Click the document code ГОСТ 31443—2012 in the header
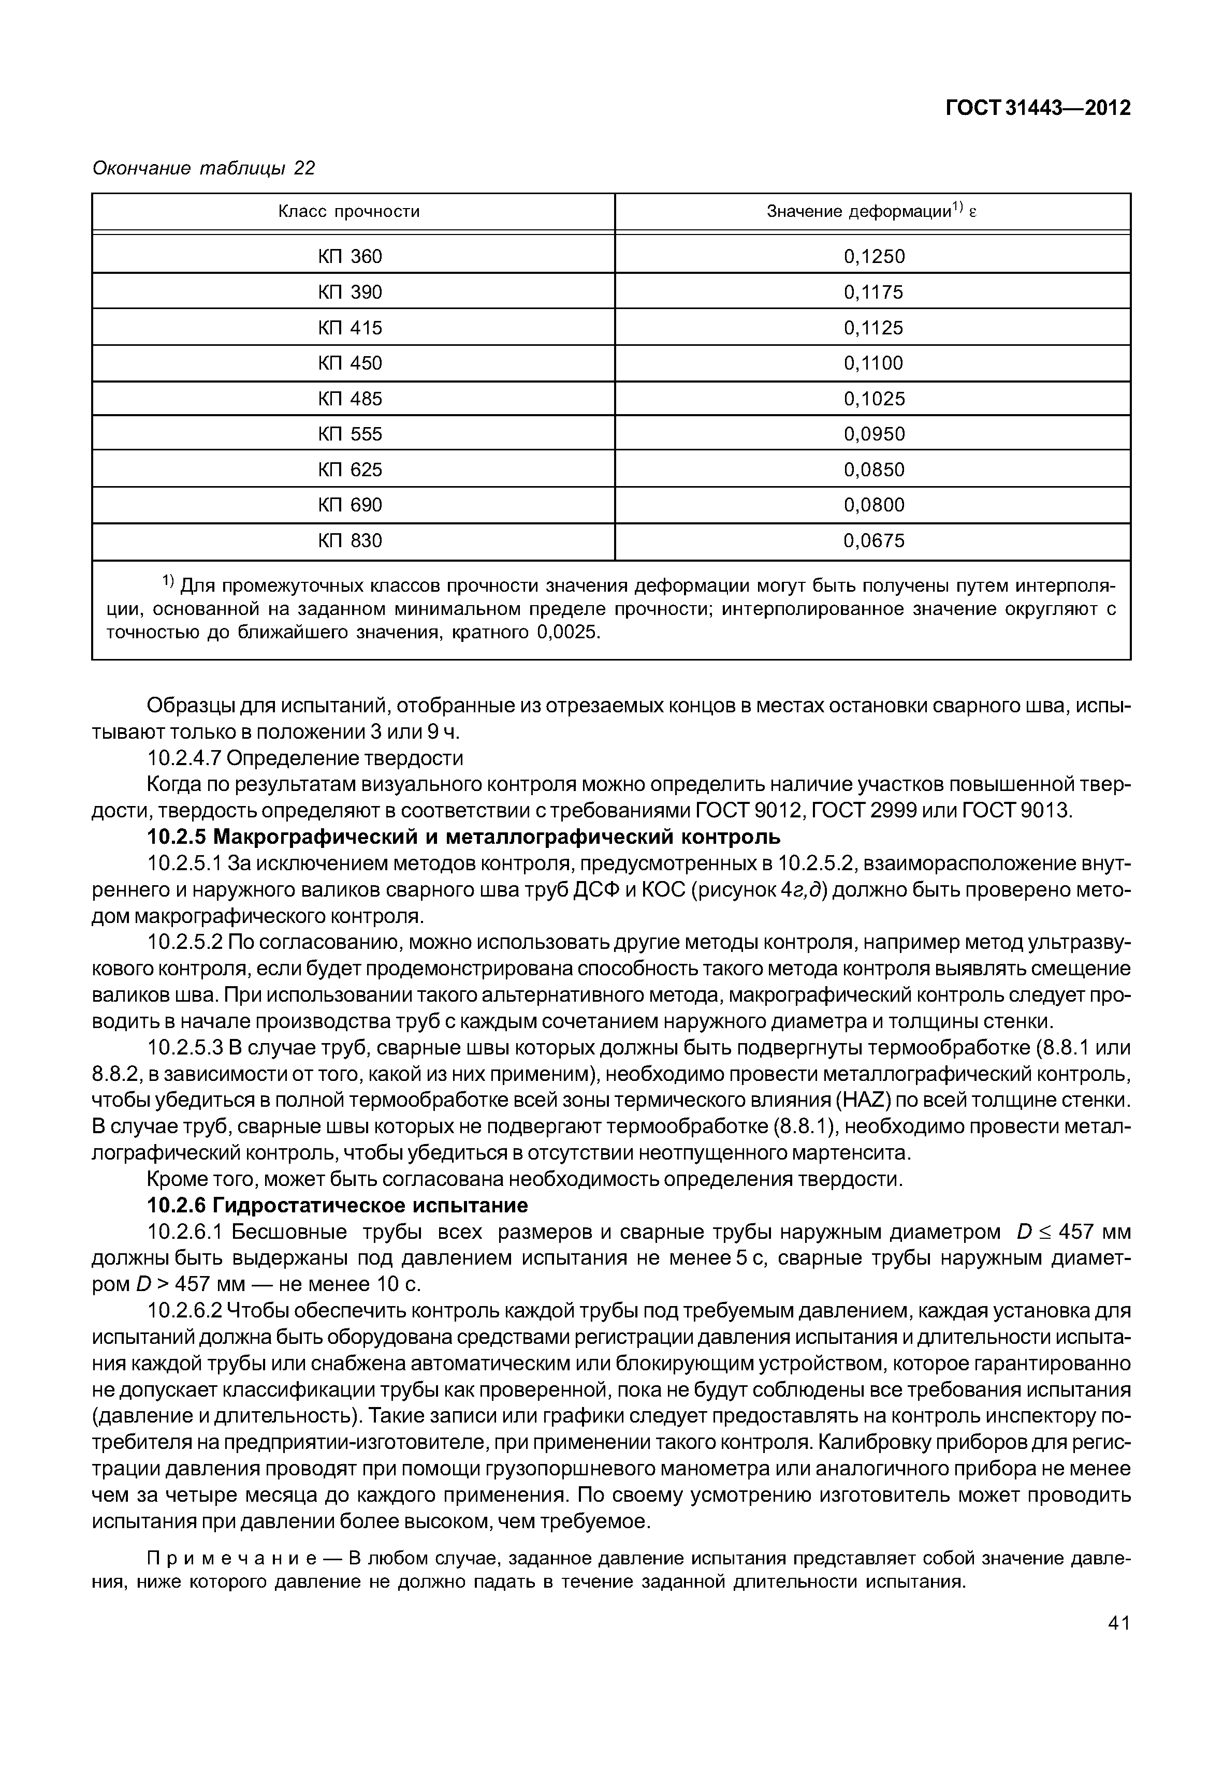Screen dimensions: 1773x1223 pos(1038,109)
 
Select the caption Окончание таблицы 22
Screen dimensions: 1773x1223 pos(203,168)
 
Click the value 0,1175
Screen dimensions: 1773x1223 pos(873,292)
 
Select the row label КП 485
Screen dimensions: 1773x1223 pos(350,399)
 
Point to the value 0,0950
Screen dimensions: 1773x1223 pos(873,434)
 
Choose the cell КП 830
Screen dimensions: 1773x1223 pos(350,541)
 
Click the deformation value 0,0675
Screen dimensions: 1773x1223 pos(873,541)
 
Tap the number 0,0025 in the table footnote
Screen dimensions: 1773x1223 pos(567,633)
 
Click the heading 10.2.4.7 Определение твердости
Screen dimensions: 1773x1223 pos(305,758)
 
